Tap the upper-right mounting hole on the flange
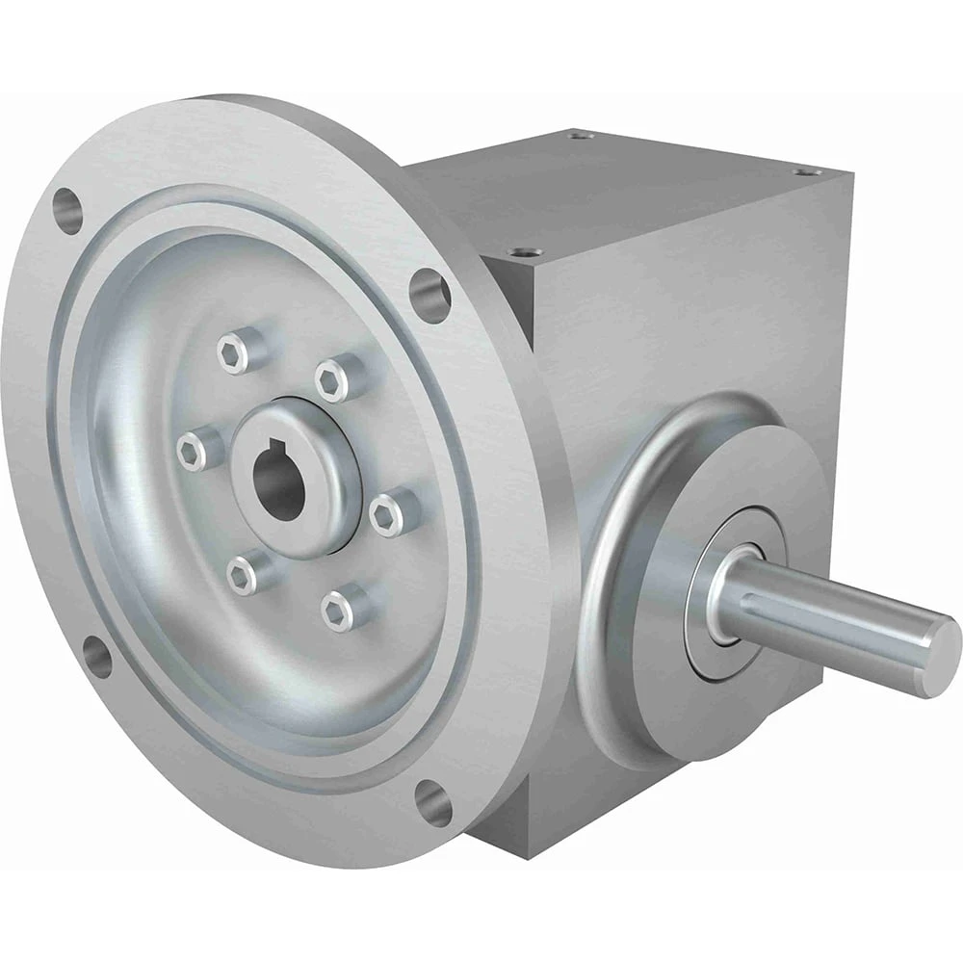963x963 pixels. (x=429, y=295)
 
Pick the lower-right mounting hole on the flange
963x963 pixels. (x=433, y=801)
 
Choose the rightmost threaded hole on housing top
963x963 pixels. (x=806, y=171)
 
